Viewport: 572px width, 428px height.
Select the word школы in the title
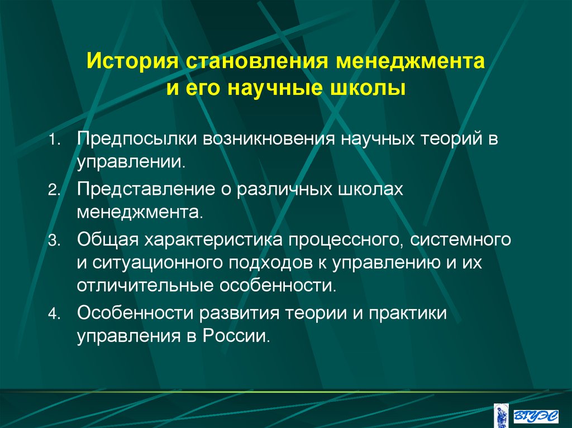click(373, 88)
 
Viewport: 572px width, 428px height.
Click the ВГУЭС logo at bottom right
click(536, 413)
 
